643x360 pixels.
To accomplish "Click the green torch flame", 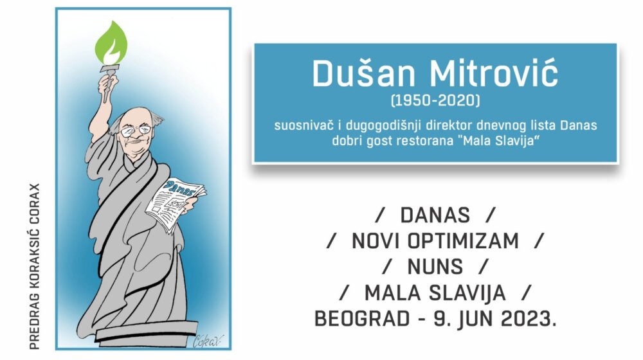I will point(111,43).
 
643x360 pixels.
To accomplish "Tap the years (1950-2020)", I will point(435,101).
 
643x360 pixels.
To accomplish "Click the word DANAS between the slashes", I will point(435,215).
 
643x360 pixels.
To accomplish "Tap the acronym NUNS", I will point(435,267).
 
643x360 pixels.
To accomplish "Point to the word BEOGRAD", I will point(354,318).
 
